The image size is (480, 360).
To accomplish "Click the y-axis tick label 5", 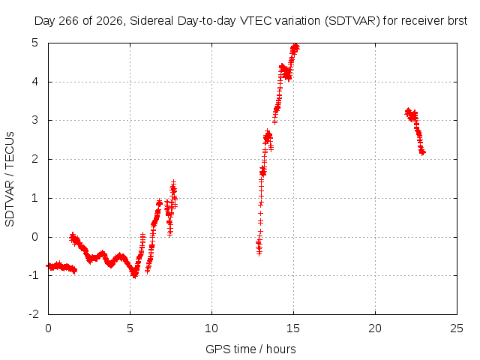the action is (34, 43).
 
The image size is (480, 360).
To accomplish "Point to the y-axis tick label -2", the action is (34, 314).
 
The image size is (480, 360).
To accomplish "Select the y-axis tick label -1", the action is (34, 275).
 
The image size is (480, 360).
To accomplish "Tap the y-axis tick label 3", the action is (34, 120).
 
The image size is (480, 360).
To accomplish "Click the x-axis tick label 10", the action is (211, 328).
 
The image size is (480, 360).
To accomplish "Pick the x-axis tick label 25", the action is (457, 328).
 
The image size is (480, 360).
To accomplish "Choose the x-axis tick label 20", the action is (375, 328).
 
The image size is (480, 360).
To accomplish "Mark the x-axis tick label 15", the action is (293, 328).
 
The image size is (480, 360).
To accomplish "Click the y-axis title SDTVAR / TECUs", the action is (10, 179).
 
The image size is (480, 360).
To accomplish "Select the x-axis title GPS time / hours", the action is (250, 349).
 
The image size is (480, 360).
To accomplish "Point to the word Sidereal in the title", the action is (151, 21).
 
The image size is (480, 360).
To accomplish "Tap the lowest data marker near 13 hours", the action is (259, 253).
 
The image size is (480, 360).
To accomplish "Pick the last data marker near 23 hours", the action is (423, 152).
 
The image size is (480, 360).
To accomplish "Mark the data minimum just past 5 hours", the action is (134, 274).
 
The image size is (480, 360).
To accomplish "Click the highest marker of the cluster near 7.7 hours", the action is (173, 182).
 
